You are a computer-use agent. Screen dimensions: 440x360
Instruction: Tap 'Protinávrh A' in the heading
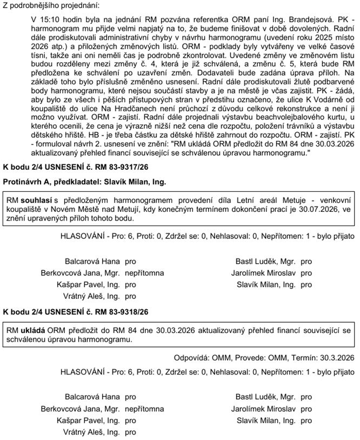click(26, 182)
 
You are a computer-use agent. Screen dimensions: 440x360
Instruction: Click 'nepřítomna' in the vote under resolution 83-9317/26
click(144, 272)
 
